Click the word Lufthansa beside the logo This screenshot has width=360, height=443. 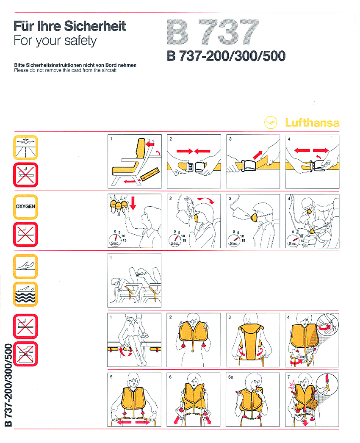(x=312, y=123)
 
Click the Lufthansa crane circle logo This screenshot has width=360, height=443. (x=271, y=122)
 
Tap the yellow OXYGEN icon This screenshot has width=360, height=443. (x=25, y=207)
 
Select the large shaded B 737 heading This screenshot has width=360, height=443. (x=213, y=32)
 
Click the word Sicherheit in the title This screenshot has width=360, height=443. (x=95, y=26)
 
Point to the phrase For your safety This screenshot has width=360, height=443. (x=55, y=40)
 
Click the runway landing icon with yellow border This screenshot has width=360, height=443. (x=25, y=147)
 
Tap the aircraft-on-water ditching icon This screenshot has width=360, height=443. (x=25, y=294)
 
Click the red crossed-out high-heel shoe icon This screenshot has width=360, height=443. (x=25, y=354)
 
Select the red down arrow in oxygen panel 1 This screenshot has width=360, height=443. (x=133, y=203)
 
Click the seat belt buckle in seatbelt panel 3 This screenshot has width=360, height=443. (x=248, y=166)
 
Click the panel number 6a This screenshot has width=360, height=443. (x=230, y=377)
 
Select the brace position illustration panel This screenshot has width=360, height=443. (x=134, y=280)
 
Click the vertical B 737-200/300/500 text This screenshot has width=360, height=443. (x=8, y=385)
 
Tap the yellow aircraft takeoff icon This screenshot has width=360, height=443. (x=25, y=266)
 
